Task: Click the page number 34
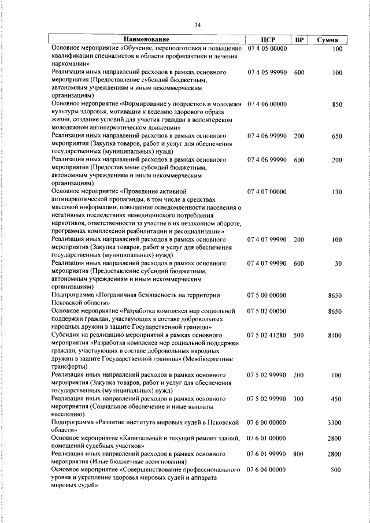(198, 25)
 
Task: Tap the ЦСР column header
(267, 40)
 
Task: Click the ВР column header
(299, 40)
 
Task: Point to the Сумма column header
(331, 40)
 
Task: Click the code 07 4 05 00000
(267, 49)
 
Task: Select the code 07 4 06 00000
(267, 105)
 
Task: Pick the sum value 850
(338, 105)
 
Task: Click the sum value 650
(338, 136)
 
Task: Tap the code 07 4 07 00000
(267, 191)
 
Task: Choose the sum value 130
(338, 191)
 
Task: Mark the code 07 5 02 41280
(267, 335)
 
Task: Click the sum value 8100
(335, 335)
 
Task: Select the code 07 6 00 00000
(267, 422)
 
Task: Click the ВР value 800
(299, 454)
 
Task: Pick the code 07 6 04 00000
(267, 470)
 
